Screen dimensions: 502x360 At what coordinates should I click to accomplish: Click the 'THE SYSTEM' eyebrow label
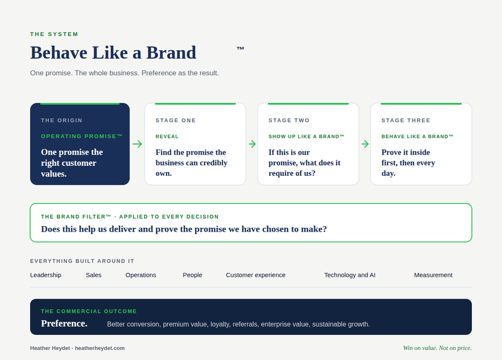54,34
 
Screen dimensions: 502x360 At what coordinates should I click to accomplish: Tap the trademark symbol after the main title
240,49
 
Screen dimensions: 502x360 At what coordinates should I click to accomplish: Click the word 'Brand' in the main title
171,52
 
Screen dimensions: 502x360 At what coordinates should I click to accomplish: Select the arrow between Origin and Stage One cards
137,144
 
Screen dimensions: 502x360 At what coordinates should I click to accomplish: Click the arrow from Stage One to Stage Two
252,144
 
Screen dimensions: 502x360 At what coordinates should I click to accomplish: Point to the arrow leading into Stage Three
365,144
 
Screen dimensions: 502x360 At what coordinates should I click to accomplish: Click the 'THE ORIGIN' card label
61,121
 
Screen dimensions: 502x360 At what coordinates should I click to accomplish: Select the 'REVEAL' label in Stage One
167,136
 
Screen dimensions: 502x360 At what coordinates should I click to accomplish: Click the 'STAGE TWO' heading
289,121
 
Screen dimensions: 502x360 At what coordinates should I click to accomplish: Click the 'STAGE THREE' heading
406,121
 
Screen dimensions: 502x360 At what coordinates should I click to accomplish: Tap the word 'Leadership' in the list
46,275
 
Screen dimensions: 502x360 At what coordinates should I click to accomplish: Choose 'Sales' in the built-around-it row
94,275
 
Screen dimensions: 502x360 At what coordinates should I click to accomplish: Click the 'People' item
192,275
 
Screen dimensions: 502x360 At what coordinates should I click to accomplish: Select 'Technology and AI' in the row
350,275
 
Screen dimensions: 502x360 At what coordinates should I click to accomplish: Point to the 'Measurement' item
433,275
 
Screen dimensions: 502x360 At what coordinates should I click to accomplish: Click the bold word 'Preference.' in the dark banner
64,324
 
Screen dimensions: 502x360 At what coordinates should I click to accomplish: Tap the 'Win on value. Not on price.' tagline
437,348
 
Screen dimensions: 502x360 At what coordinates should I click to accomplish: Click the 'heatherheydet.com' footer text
100,348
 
